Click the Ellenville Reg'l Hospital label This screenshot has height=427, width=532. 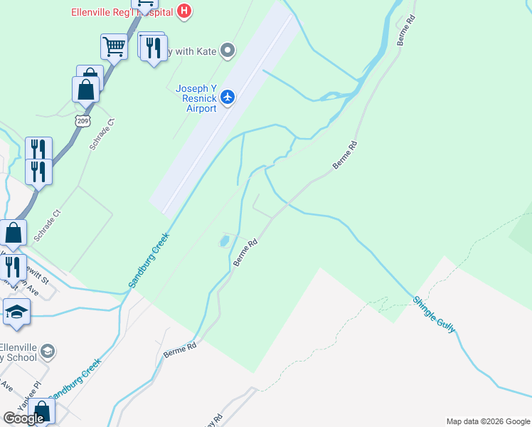click(122, 11)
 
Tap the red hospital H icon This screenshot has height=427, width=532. click(184, 11)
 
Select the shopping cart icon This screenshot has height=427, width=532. click(113, 47)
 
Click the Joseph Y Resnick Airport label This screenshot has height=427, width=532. click(196, 98)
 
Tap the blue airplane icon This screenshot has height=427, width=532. click(228, 96)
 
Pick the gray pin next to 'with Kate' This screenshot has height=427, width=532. click(228, 51)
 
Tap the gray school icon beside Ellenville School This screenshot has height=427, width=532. click(48, 351)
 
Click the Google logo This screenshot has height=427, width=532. click(23, 418)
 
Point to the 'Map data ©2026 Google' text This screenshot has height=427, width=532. click(488, 421)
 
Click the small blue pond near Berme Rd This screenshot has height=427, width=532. click(224, 241)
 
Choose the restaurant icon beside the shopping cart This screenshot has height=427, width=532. click(153, 48)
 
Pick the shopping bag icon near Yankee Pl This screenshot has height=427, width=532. click(41, 411)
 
